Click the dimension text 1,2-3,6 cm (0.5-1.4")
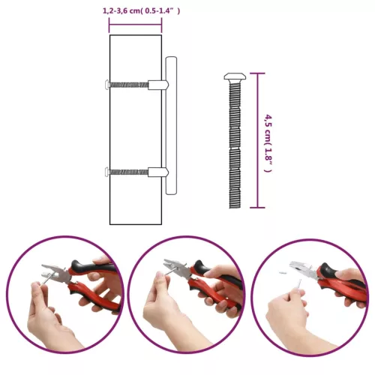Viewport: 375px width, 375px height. [141, 10]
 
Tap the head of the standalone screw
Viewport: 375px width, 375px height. [234, 77]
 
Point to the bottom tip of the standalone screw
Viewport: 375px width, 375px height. [234, 205]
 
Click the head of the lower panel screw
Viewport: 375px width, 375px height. [108, 172]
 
